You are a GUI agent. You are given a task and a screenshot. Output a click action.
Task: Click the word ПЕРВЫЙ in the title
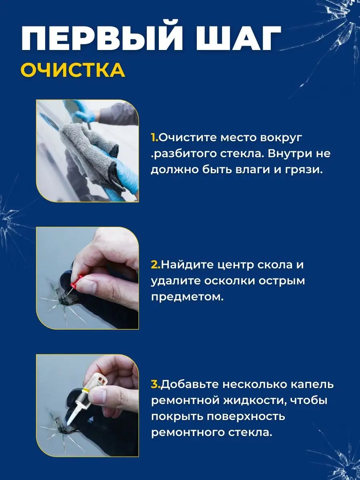point(102,38)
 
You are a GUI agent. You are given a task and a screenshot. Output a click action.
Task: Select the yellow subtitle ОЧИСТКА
point(73,70)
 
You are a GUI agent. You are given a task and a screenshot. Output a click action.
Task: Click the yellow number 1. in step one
point(154,138)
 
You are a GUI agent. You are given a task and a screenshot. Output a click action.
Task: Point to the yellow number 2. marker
point(156,265)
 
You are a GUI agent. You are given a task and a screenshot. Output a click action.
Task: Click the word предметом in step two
point(187,298)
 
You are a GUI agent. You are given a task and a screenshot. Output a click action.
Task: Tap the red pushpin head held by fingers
point(77,280)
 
